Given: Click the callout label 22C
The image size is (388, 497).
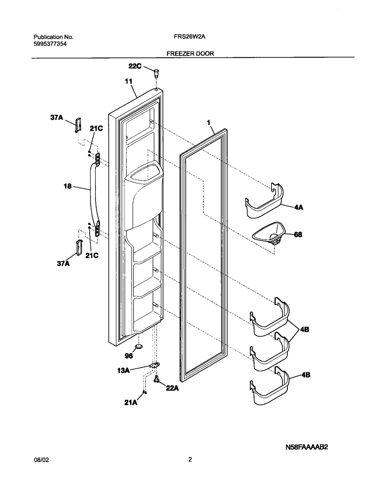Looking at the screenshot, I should click(x=135, y=66).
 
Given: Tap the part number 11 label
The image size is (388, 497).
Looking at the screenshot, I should click(x=128, y=81).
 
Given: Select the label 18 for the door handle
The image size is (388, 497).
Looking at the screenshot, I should click(x=68, y=186).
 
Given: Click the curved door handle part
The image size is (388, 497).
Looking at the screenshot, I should click(x=92, y=194).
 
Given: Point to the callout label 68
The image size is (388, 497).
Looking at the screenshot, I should click(x=298, y=234).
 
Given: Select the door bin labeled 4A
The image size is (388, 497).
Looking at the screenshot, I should click(x=264, y=201).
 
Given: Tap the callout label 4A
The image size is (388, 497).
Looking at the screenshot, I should click(x=298, y=207).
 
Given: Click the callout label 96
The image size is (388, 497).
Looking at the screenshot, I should click(x=129, y=355).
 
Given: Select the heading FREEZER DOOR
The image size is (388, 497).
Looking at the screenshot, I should click(x=190, y=54).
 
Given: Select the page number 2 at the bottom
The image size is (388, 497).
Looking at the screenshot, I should click(x=190, y=460).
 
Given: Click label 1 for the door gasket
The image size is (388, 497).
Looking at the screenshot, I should click(x=208, y=123).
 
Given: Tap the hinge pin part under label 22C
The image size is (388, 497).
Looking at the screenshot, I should click(x=156, y=73).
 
